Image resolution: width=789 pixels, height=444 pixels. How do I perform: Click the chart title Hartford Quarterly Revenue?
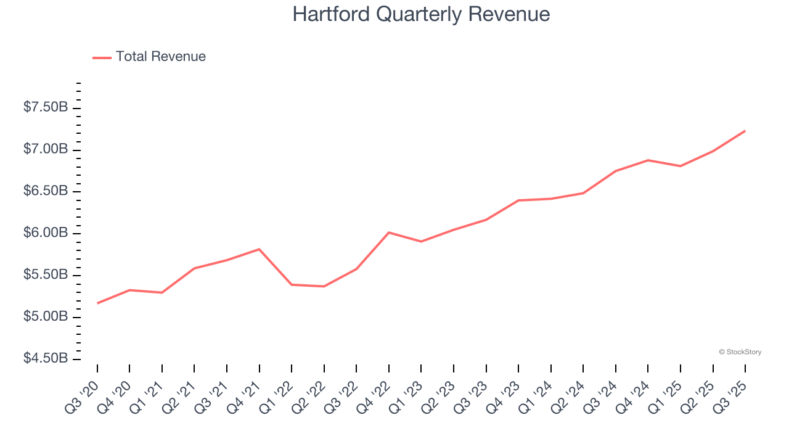[x=421, y=14]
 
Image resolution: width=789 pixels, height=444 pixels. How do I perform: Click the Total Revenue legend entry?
[x=149, y=57]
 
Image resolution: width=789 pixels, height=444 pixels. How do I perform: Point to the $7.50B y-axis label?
[x=46, y=107]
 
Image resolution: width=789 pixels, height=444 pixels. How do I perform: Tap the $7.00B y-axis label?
[x=46, y=149]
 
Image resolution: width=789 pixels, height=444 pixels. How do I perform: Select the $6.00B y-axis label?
[x=46, y=233]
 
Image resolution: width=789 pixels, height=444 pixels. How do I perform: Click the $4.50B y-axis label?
[x=46, y=358]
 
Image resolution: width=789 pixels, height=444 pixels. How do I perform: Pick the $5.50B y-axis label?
[x=46, y=274]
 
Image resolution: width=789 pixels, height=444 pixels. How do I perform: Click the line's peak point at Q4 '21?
[x=259, y=249]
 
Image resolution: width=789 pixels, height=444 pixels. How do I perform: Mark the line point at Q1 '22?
[x=292, y=284]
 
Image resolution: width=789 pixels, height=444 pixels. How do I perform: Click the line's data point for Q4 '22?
[x=388, y=232]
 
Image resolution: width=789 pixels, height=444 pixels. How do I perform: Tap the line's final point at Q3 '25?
[x=745, y=131]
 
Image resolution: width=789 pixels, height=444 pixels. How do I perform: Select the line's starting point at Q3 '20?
[x=97, y=303]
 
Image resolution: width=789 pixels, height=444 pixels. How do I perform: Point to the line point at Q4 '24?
[x=648, y=160]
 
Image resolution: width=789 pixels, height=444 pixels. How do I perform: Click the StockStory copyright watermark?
[x=740, y=352]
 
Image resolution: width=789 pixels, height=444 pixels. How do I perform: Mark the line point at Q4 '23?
[x=518, y=200]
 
